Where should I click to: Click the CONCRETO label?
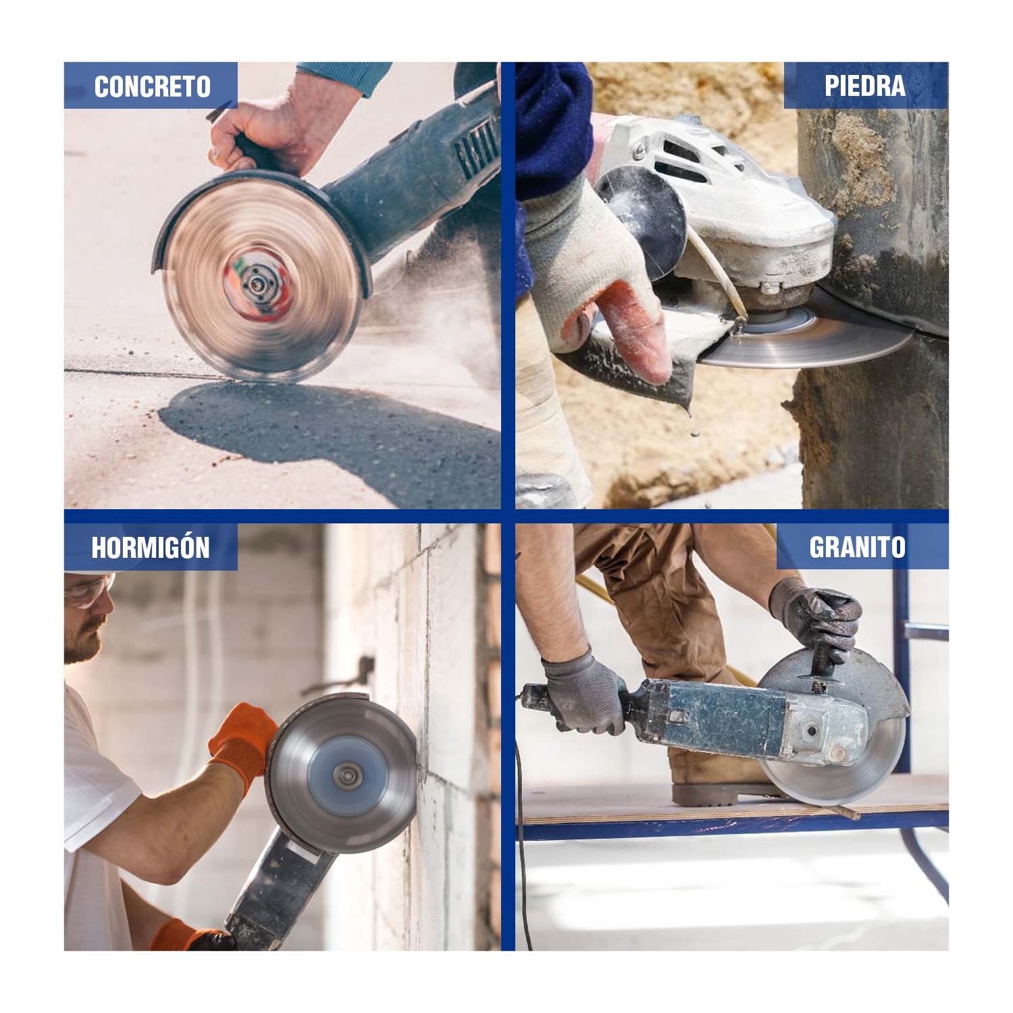[152, 86]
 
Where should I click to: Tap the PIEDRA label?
[864, 86]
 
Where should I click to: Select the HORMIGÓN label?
[151, 547]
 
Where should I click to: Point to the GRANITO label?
[857, 547]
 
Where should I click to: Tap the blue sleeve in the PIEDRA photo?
[554, 128]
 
